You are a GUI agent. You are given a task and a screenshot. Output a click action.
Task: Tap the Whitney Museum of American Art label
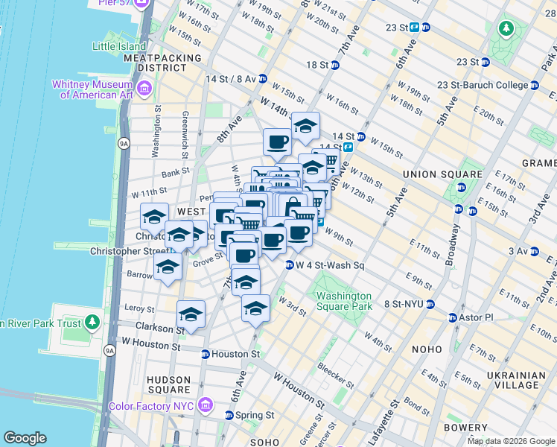[92, 89]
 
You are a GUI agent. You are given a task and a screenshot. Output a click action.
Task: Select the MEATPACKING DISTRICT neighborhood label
[162, 63]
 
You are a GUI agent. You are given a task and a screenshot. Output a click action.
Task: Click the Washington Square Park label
[343, 300]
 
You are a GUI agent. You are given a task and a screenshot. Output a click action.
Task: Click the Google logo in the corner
[25, 438]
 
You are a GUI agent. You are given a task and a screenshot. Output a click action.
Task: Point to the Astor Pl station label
[474, 317]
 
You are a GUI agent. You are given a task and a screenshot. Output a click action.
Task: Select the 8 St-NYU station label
[407, 304]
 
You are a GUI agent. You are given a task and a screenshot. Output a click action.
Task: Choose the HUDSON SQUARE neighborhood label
[168, 384]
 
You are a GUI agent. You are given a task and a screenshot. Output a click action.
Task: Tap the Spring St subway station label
[255, 415]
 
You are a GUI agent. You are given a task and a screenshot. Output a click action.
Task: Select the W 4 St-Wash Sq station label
[329, 265]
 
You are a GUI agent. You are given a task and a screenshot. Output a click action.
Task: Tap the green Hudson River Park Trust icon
[92, 323]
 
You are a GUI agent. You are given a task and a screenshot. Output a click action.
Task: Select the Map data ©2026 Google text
[511, 441]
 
